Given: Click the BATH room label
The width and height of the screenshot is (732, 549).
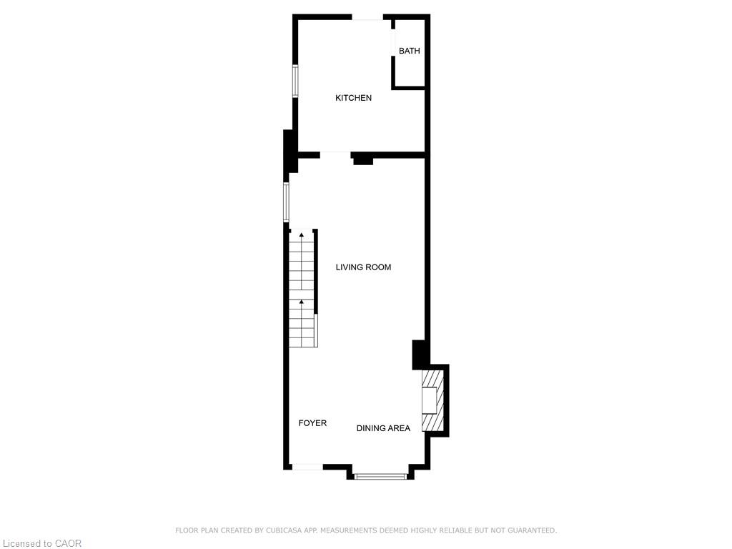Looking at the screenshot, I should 410,51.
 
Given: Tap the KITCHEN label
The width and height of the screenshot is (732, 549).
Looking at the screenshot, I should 354,98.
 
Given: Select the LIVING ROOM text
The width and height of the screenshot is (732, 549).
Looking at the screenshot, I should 364,267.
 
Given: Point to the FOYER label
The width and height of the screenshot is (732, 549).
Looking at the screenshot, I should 312,423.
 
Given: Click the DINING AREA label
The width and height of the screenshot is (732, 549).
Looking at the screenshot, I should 383,428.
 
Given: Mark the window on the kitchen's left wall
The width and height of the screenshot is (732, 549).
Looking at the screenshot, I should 295,81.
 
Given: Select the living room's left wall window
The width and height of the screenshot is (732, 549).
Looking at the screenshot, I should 286,202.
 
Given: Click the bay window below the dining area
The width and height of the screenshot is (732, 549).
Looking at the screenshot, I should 381,475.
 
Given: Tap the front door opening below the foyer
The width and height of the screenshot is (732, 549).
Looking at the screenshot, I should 307,467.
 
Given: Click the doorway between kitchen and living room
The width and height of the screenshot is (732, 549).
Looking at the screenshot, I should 335,154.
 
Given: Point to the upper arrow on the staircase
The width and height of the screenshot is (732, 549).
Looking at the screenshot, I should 302,234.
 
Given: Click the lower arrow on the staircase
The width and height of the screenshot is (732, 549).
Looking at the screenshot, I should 302,302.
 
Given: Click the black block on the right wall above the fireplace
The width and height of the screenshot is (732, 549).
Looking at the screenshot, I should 420,355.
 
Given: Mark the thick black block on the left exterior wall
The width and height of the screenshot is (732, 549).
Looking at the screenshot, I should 290,151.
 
